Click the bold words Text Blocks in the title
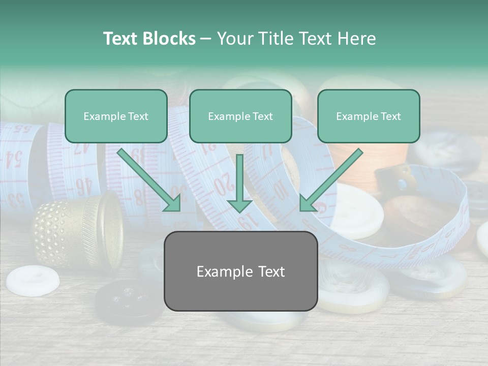pyautogui.click(x=149, y=39)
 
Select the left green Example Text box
pyautogui.click(x=116, y=116)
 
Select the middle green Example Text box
pyautogui.click(x=240, y=116)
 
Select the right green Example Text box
pyautogui.click(x=369, y=116)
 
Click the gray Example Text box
pyautogui.click(x=240, y=271)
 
